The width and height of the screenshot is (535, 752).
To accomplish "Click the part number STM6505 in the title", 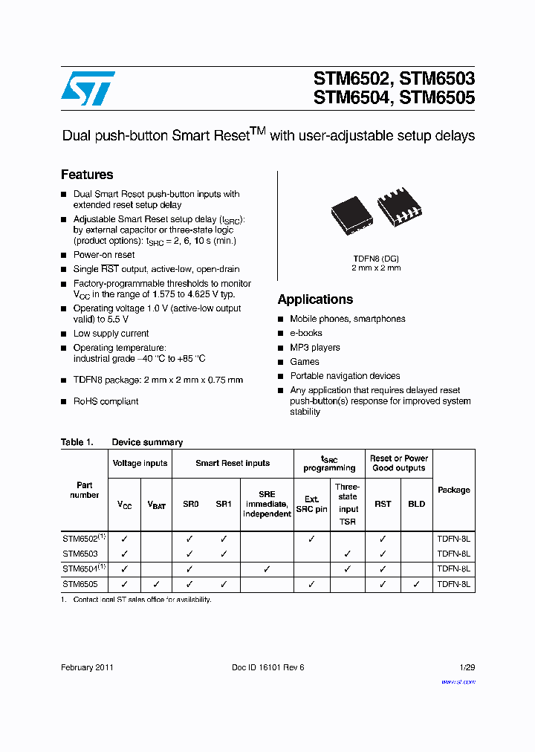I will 438,97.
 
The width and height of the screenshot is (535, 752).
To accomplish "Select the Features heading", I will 87,175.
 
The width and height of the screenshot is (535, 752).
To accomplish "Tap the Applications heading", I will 315,299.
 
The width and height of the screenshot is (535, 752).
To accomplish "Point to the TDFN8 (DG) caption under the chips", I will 376,258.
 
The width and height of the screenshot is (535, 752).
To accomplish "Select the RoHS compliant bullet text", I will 106,401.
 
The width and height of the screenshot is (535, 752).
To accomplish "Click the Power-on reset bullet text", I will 104,255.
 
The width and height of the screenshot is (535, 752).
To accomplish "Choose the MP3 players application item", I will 315,348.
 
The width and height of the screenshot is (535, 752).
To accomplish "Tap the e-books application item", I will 306,334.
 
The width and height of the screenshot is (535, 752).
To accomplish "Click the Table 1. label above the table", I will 77,442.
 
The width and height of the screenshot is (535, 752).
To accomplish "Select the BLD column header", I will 417,504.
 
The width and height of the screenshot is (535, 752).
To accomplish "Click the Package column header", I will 453,490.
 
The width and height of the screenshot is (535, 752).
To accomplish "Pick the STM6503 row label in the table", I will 80,554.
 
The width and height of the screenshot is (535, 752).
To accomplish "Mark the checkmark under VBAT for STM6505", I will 156,585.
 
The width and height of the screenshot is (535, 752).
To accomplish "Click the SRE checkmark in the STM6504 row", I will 267,569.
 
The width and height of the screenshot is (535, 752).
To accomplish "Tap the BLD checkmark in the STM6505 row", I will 417,585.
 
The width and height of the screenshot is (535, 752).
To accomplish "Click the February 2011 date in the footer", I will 87,667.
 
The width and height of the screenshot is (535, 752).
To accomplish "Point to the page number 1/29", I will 467,667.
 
